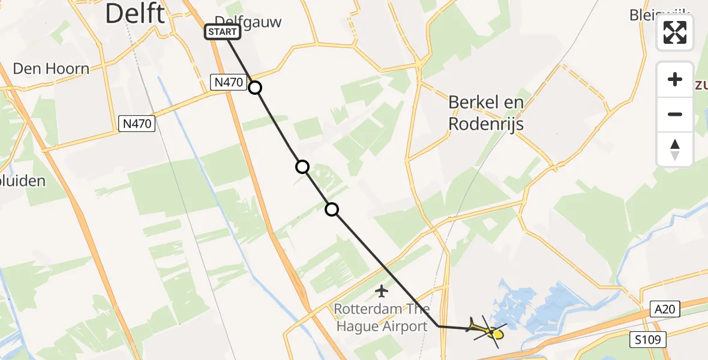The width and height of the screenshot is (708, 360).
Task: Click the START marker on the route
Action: click(x=223, y=32)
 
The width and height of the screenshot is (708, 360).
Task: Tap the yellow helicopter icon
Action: click(x=487, y=329)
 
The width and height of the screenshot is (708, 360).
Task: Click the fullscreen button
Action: click(x=675, y=32)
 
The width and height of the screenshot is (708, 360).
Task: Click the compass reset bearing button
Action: click(x=675, y=149)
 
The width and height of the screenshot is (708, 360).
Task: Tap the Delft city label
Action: click(x=135, y=13)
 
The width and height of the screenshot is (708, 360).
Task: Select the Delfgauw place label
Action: click(x=248, y=22)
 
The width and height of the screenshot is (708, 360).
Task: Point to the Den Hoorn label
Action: click(x=50, y=68)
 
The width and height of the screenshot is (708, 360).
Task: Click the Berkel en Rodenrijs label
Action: click(x=486, y=113)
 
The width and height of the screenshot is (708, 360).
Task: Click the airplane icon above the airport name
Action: click(x=381, y=292)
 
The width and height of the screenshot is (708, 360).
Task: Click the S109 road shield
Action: click(x=649, y=340)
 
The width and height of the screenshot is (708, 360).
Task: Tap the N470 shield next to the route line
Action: click(x=228, y=83)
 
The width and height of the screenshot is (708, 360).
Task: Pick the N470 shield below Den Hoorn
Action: click(x=136, y=124)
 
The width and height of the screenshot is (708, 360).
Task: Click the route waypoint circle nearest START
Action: click(x=255, y=88)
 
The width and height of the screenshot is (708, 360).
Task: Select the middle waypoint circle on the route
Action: click(x=302, y=167)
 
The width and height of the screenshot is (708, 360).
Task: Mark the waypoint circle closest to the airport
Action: click(x=332, y=209)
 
